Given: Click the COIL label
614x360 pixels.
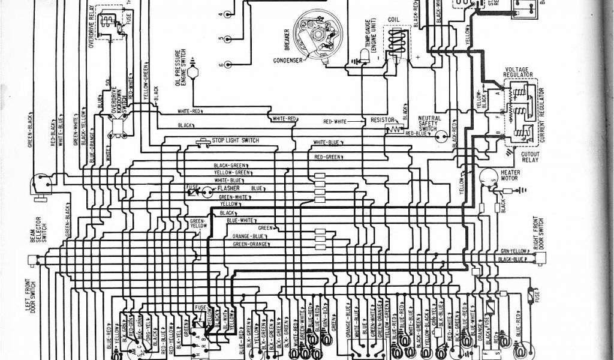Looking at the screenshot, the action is coord(393,19).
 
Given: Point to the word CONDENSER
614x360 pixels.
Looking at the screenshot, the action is coord(287,60).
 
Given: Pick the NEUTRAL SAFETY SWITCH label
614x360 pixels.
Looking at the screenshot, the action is coord(429,124).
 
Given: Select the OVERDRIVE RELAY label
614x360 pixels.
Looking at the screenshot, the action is coord(93,27).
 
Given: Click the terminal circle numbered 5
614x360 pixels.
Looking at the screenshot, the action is coord(228,39).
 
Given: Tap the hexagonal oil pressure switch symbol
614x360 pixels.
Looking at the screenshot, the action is coord(193,72).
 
